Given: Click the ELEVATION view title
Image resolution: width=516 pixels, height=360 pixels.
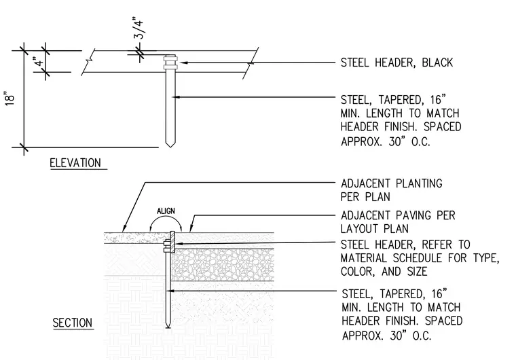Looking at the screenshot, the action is (75, 163).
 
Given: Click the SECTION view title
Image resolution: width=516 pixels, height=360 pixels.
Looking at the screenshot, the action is (73, 323).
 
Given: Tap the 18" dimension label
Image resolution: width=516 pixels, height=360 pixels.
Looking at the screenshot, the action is (10, 98).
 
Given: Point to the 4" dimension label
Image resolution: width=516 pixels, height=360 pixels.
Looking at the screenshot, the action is (39, 62).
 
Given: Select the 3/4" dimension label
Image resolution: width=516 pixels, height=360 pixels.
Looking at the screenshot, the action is (139, 28).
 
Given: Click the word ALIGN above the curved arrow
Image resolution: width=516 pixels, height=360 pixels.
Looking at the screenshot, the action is (166, 211).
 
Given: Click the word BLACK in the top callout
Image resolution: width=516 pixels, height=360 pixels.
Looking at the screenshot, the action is (437, 62).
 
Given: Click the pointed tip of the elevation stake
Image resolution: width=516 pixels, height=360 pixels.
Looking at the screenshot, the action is (170, 147).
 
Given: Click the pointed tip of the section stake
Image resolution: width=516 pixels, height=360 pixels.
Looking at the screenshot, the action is (168, 327).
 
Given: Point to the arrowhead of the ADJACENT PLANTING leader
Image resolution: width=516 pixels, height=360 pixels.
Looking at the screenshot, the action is (124, 229).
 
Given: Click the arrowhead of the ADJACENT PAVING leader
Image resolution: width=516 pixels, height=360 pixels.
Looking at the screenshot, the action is (191, 229).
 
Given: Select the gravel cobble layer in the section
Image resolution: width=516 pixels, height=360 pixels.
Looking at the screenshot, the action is (223, 265).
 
